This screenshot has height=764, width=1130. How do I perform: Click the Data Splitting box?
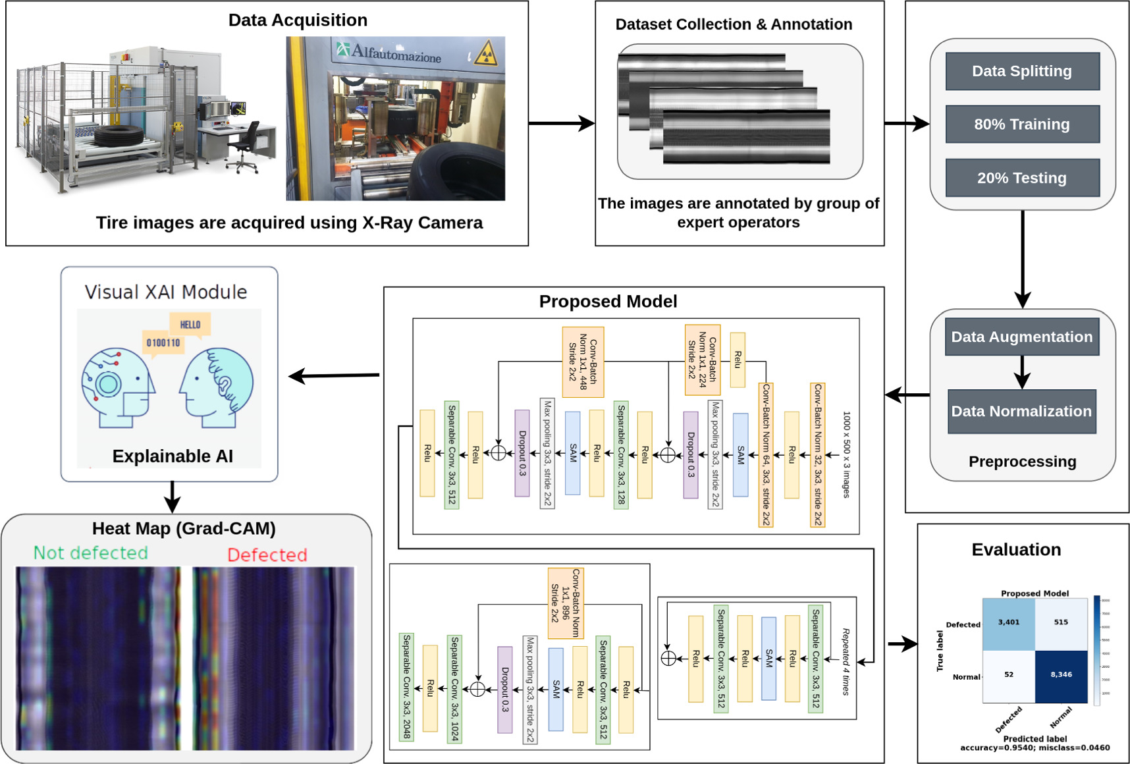click(1022, 71)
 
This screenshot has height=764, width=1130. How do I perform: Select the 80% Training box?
click(1022, 124)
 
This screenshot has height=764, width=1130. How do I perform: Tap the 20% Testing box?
click(1022, 178)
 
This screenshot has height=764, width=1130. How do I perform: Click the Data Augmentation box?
click(1021, 337)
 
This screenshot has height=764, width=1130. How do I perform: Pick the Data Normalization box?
click(1021, 411)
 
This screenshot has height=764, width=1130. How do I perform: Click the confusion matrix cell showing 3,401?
click(1008, 623)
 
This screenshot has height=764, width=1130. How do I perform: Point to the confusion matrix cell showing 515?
click(1061, 623)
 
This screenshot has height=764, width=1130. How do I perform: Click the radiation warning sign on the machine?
click(486, 53)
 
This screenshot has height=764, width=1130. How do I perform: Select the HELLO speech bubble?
click(190, 325)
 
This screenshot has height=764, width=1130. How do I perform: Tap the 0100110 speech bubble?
click(163, 343)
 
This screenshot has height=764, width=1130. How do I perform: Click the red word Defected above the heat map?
click(267, 555)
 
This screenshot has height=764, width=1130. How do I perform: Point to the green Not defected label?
click(91, 553)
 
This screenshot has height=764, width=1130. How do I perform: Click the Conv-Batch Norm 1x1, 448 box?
click(583, 362)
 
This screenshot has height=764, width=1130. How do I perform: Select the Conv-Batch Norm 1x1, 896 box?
click(566, 603)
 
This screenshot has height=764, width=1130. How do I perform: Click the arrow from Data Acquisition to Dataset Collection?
click(562, 123)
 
